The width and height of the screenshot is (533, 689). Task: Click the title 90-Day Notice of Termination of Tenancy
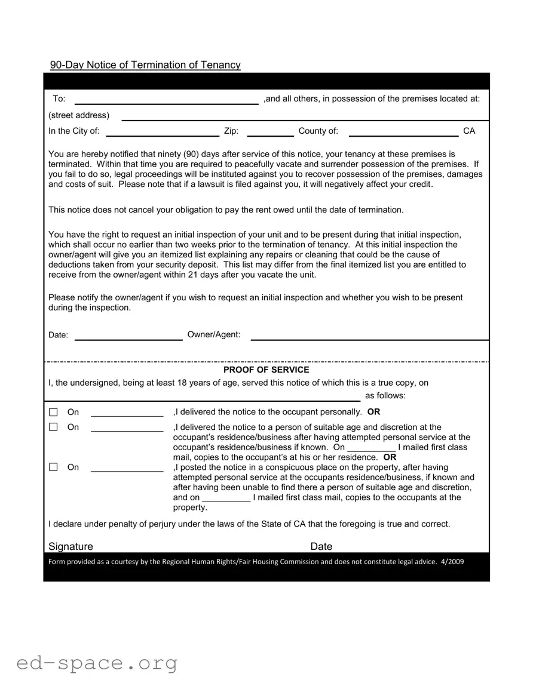point(145,65)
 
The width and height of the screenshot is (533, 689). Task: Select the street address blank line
point(305,116)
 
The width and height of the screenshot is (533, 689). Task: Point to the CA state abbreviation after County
point(469,131)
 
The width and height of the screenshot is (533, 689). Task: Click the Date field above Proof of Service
point(128,336)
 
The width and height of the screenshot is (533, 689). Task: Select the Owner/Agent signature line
point(369,336)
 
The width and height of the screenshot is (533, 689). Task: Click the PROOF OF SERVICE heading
point(266,370)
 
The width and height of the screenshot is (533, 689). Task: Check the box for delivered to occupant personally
point(53,412)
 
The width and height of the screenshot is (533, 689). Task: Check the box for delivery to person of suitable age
point(53,427)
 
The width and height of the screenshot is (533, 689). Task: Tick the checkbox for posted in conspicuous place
point(53,467)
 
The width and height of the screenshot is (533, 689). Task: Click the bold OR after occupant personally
point(373,412)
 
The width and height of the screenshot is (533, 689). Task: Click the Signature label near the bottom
point(71,546)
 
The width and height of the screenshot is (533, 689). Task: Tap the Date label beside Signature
point(321,546)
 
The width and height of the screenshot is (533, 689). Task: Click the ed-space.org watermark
point(97,663)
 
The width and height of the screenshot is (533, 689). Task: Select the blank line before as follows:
point(204,397)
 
